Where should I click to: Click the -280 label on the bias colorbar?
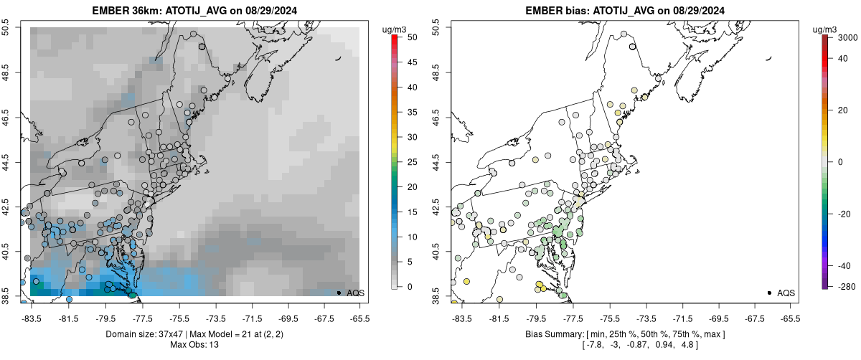pyautogui.click(x=842, y=287)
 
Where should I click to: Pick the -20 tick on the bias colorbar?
pyautogui.click(x=842, y=213)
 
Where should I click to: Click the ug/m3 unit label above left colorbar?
pyautogui.click(x=395, y=29)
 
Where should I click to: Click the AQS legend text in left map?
pyautogui.click(x=356, y=293)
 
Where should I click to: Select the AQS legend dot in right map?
pyautogui.click(x=769, y=293)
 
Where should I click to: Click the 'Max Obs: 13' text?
pyautogui.click(x=194, y=345)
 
